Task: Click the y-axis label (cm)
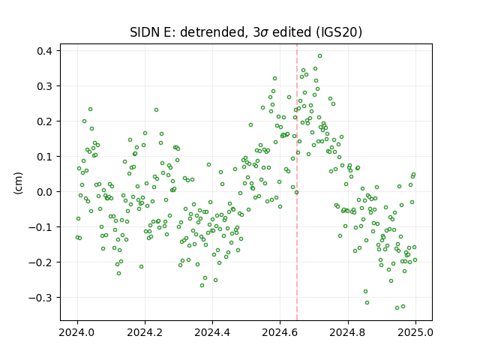pos(18,183)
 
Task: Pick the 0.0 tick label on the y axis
pos(44,192)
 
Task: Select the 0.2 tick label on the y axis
pos(44,121)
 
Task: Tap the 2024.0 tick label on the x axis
pos(77,332)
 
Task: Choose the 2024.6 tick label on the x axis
pos(280,332)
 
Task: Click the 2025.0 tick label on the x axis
pos(415,332)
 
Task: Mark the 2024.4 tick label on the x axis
pos(212,332)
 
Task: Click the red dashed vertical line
pos(297,182)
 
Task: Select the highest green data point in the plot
pos(320,56)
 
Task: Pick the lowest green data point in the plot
pos(397,307)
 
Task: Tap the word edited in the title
pos(292,32)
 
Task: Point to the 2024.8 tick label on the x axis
pos(348,332)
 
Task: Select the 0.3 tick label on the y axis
pos(44,86)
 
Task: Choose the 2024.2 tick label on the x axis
pos(145,332)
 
